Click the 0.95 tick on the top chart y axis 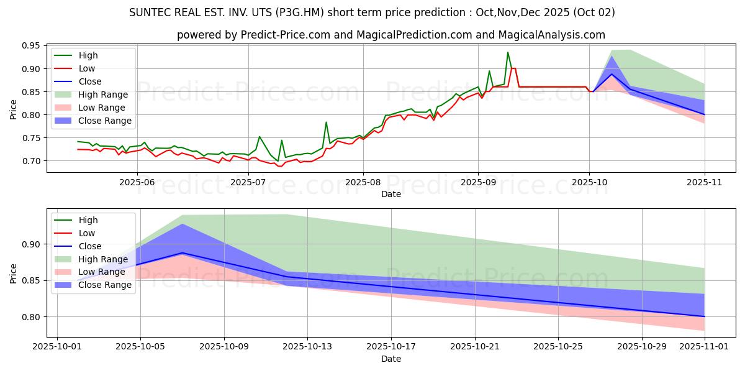tap(30, 46)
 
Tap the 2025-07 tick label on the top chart tap(248, 182)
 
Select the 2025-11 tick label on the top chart tap(705, 182)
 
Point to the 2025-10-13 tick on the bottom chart tap(307, 347)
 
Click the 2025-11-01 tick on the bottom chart tap(705, 347)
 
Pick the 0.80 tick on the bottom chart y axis tap(30, 317)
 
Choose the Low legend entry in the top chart tap(88, 68)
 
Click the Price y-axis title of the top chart tap(13, 109)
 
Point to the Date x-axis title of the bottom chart tap(391, 359)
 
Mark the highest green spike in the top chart tap(508, 52)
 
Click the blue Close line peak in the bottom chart tap(182, 253)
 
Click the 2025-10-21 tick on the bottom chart tap(475, 347)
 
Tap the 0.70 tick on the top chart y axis tap(30, 161)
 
